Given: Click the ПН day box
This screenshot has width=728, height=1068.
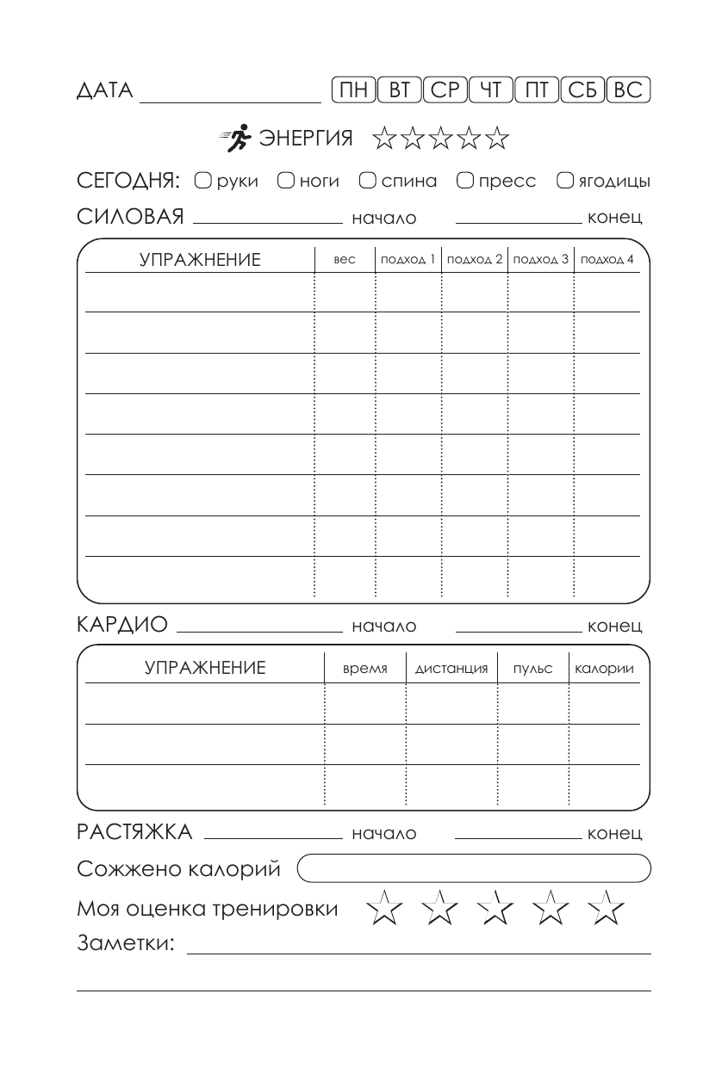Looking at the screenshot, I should pyautogui.click(x=352, y=90).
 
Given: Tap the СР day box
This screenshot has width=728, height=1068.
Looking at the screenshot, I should pyautogui.click(x=445, y=90).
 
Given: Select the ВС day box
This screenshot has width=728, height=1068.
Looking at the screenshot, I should pyautogui.click(x=628, y=90).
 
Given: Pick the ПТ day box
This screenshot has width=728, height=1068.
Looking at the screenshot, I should pyautogui.click(x=536, y=90).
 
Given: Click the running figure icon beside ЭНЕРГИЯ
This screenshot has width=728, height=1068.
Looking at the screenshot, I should pyautogui.click(x=237, y=139).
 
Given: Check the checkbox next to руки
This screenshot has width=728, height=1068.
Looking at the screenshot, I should pyautogui.click(x=202, y=181).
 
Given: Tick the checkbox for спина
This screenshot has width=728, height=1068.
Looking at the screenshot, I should pyautogui.click(x=366, y=181).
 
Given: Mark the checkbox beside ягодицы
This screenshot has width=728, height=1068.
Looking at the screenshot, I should pyautogui.click(x=564, y=181).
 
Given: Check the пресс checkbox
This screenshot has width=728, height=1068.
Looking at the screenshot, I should pyautogui.click(x=464, y=181).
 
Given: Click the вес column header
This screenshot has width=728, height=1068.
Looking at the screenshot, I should pyautogui.click(x=344, y=260).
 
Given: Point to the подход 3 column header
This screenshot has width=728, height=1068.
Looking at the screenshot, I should pyautogui.click(x=540, y=260).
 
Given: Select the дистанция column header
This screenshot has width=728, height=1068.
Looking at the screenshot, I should pyautogui.click(x=451, y=669).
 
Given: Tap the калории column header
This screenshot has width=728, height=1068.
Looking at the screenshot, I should pyautogui.click(x=604, y=669).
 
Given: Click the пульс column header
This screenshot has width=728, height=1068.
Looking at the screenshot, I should pyautogui.click(x=532, y=669).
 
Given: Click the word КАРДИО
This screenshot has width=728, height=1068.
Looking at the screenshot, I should pyautogui.click(x=122, y=625).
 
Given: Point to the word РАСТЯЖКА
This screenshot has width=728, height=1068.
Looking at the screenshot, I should pyautogui.click(x=135, y=832).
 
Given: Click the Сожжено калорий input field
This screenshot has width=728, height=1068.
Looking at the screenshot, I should pyautogui.click(x=474, y=868).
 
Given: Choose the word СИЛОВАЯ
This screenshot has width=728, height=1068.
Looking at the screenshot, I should pyautogui.click(x=131, y=217).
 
